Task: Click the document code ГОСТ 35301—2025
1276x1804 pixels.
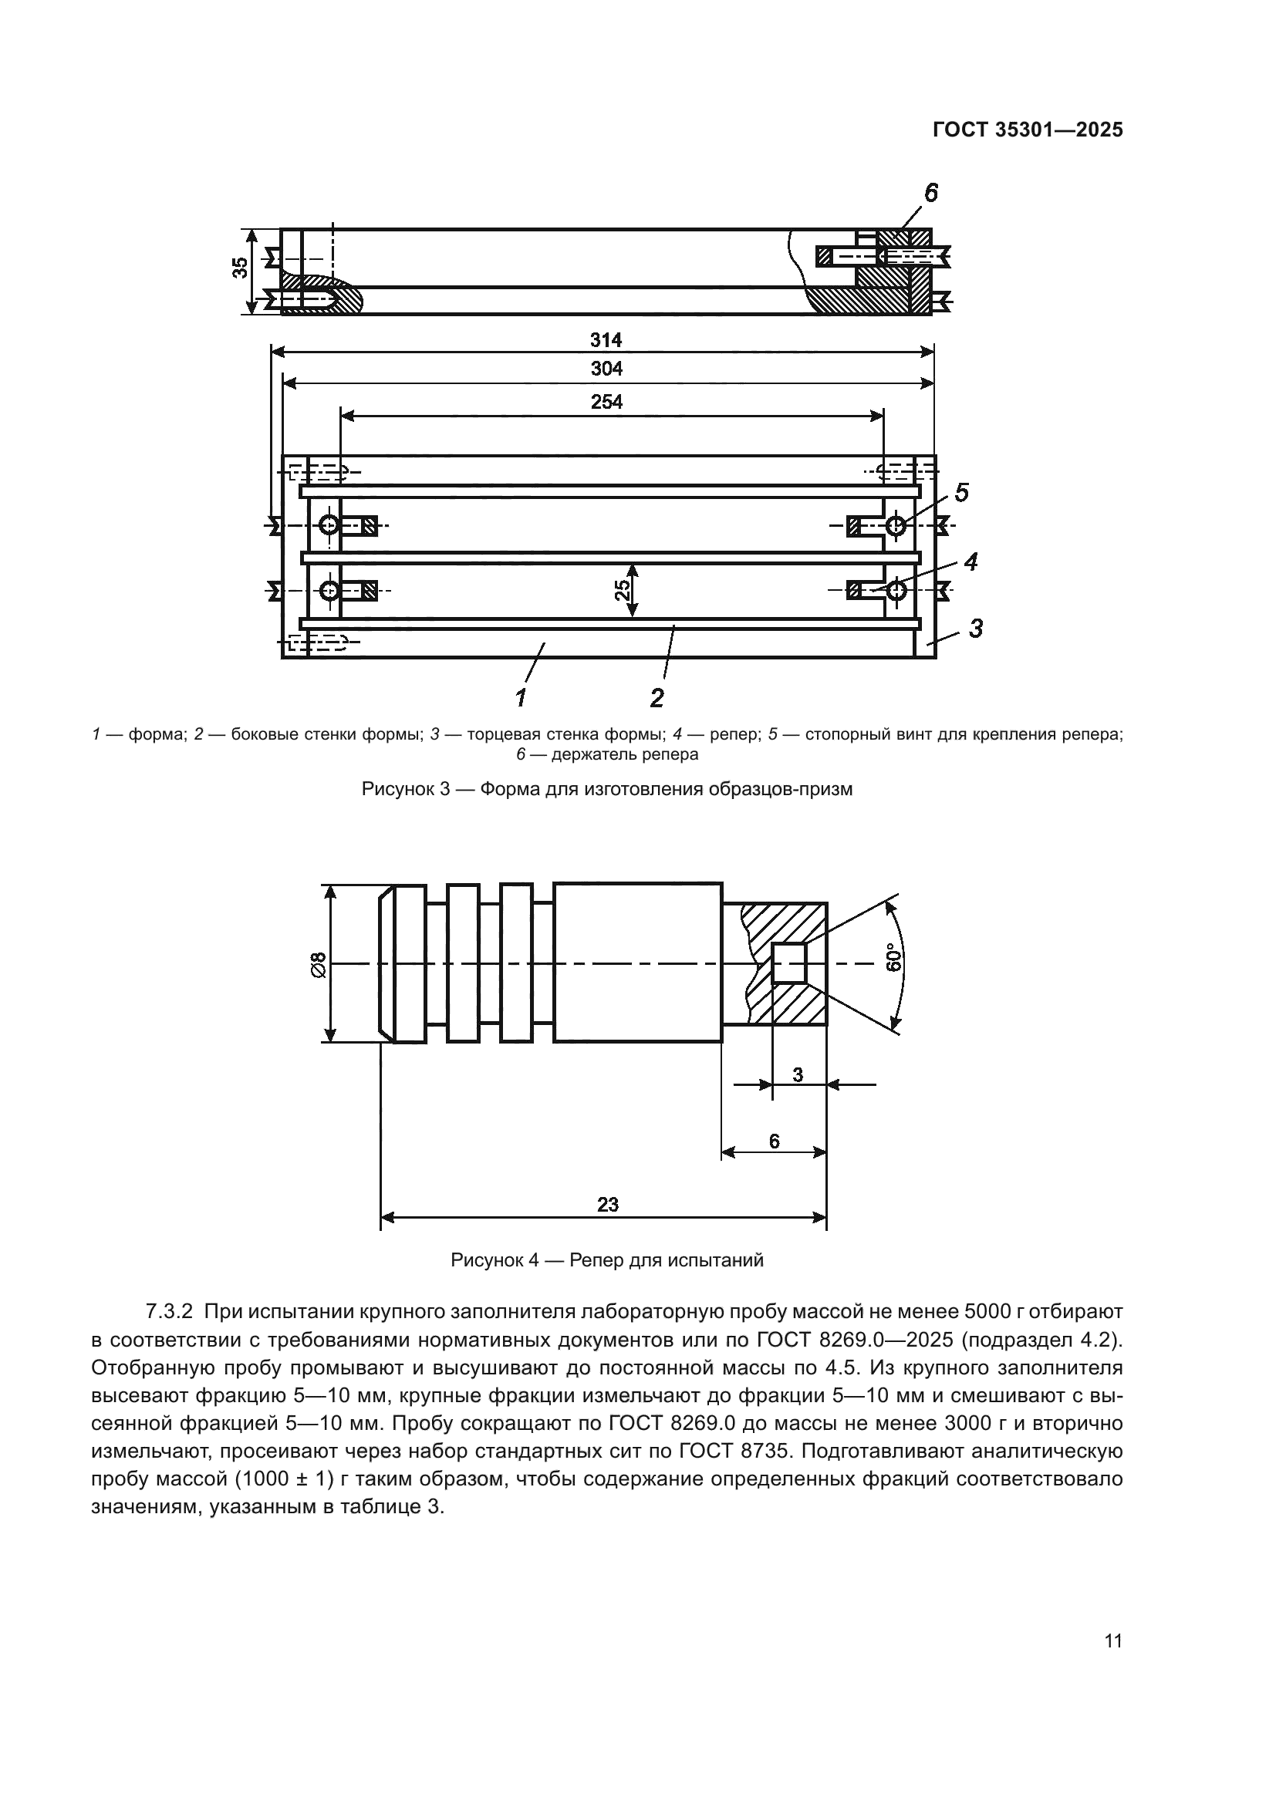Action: tap(1027, 130)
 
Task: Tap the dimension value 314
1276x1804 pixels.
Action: tap(606, 340)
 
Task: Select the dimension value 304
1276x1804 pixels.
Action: tap(606, 369)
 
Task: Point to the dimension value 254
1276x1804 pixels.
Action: tap(606, 403)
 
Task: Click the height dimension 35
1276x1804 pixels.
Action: tap(241, 268)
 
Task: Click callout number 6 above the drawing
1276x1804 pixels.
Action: tap(930, 193)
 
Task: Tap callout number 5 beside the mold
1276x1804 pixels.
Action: tap(961, 493)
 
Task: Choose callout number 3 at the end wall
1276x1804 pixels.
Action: tap(975, 628)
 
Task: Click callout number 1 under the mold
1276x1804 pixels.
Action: tap(520, 696)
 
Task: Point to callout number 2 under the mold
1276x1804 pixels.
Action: tap(657, 697)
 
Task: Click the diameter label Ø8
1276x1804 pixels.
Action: tap(318, 964)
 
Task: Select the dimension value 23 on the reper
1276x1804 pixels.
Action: tap(607, 1205)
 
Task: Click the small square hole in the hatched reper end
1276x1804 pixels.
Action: tap(789, 963)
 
